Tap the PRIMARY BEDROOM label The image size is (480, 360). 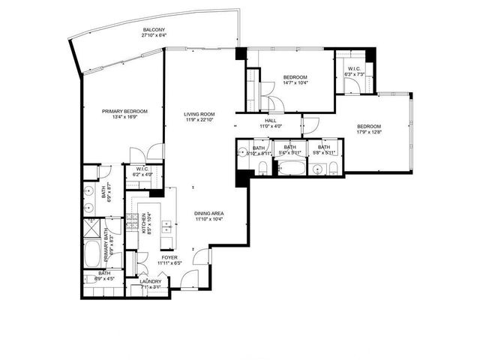[x=124, y=111]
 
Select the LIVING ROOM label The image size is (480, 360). [x=199, y=114]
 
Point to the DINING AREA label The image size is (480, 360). [x=209, y=213]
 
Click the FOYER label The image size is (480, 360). [x=169, y=257]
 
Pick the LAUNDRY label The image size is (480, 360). [x=151, y=281]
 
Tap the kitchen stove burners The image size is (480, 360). [x=130, y=220]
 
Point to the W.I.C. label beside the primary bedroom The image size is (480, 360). [x=142, y=169]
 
